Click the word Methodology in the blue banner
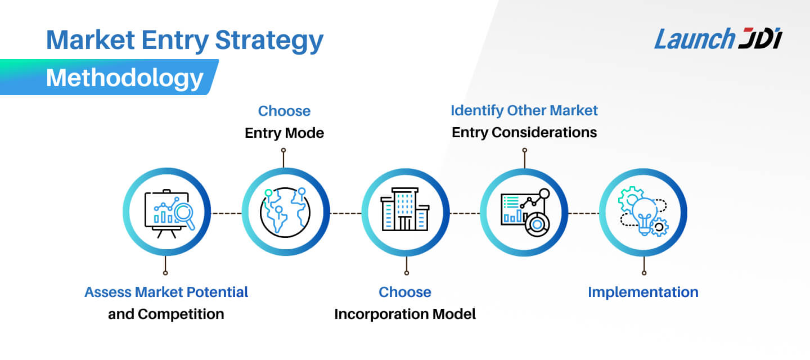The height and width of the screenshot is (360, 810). click(124, 78)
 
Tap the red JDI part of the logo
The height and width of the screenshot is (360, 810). click(760, 39)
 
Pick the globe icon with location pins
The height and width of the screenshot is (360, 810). click(285, 211)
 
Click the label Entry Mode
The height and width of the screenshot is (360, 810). click(284, 133)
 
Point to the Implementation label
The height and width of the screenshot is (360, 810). click(643, 292)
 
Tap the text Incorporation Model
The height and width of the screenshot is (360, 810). click(405, 314)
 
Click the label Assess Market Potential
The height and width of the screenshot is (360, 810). click(166, 292)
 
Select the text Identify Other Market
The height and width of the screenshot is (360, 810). click(524, 110)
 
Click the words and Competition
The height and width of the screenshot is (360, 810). click(166, 314)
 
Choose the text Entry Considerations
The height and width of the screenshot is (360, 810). click(524, 133)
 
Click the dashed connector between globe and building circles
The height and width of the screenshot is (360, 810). click(345, 213)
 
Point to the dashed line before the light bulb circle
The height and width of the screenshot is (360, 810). click(583, 213)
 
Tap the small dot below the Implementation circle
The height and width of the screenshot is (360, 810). click(644, 273)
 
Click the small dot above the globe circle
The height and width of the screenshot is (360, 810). click(283, 150)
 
